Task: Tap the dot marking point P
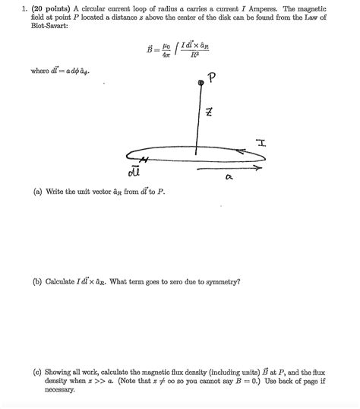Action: [201, 82]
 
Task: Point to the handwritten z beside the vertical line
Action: [208, 113]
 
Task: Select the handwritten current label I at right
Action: [261, 141]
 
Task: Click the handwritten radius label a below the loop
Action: [228, 177]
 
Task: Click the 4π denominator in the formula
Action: [159, 54]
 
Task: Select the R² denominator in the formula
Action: [196, 55]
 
